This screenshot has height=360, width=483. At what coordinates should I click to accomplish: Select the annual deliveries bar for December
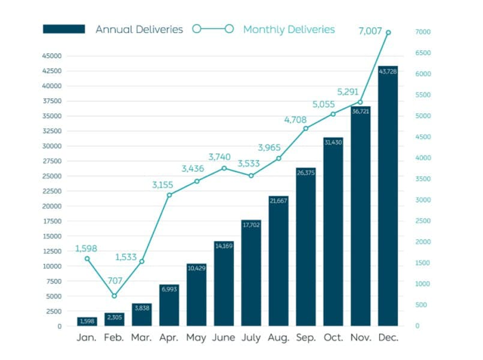388,196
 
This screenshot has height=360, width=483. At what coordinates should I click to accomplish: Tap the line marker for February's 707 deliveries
114,296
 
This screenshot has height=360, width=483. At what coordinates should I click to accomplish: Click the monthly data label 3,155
162,185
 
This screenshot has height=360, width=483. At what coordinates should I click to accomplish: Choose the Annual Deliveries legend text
139,29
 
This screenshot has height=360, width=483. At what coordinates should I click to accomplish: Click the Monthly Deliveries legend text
289,29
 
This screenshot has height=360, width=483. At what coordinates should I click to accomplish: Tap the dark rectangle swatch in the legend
64,29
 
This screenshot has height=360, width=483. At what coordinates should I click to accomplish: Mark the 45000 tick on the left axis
52,56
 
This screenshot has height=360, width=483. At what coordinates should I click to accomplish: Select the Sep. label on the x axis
306,338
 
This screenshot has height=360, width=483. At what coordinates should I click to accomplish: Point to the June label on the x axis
224,338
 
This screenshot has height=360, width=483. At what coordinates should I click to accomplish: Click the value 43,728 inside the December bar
388,72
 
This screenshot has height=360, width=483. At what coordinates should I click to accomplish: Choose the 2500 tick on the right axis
423,221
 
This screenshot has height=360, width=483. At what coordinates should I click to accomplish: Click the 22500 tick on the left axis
52,191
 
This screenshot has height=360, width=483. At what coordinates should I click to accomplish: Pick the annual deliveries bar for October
333,232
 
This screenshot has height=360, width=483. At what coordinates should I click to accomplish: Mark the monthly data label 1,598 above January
86,248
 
